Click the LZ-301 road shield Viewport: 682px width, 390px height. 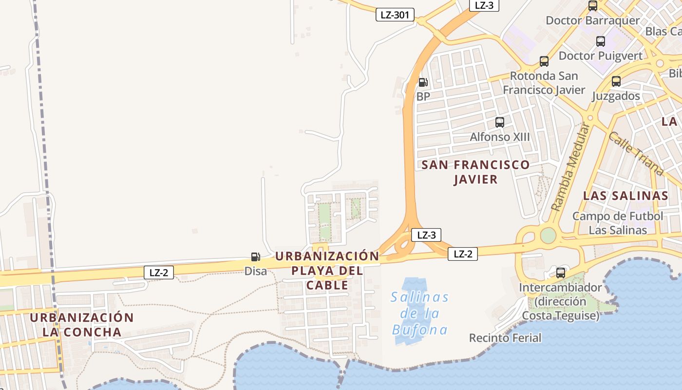click(x=395, y=15)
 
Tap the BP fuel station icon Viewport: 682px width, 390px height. click(x=423, y=82)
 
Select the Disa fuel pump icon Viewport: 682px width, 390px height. click(x=255, y=257)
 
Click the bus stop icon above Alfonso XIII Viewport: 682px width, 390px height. click(x=500, y=122)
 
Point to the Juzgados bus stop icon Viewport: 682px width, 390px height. click(x=616, y=81)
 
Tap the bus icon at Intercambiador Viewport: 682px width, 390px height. click(x=561, y=273)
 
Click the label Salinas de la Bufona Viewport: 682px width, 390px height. click(x=420, y=313)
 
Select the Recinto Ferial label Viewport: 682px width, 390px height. click(x=505, y=338)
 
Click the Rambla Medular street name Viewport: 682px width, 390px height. click(x=570, y=167)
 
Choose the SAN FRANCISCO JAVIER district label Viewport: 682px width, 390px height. click(x=475, y=172)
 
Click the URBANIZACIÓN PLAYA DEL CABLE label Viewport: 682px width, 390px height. click(x=327, y=271)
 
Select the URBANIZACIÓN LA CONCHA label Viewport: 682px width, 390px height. click(x=81, y=325)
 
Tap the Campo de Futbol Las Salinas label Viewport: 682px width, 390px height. click(x=618, y=223)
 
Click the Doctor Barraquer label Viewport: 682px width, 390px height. click(x=592, y=20)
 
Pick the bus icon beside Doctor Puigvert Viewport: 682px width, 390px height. click(x=601, y=41)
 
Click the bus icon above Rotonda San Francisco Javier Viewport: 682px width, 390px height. click(x=544, y=61)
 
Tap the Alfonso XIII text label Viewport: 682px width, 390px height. click(x=499, y=137)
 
